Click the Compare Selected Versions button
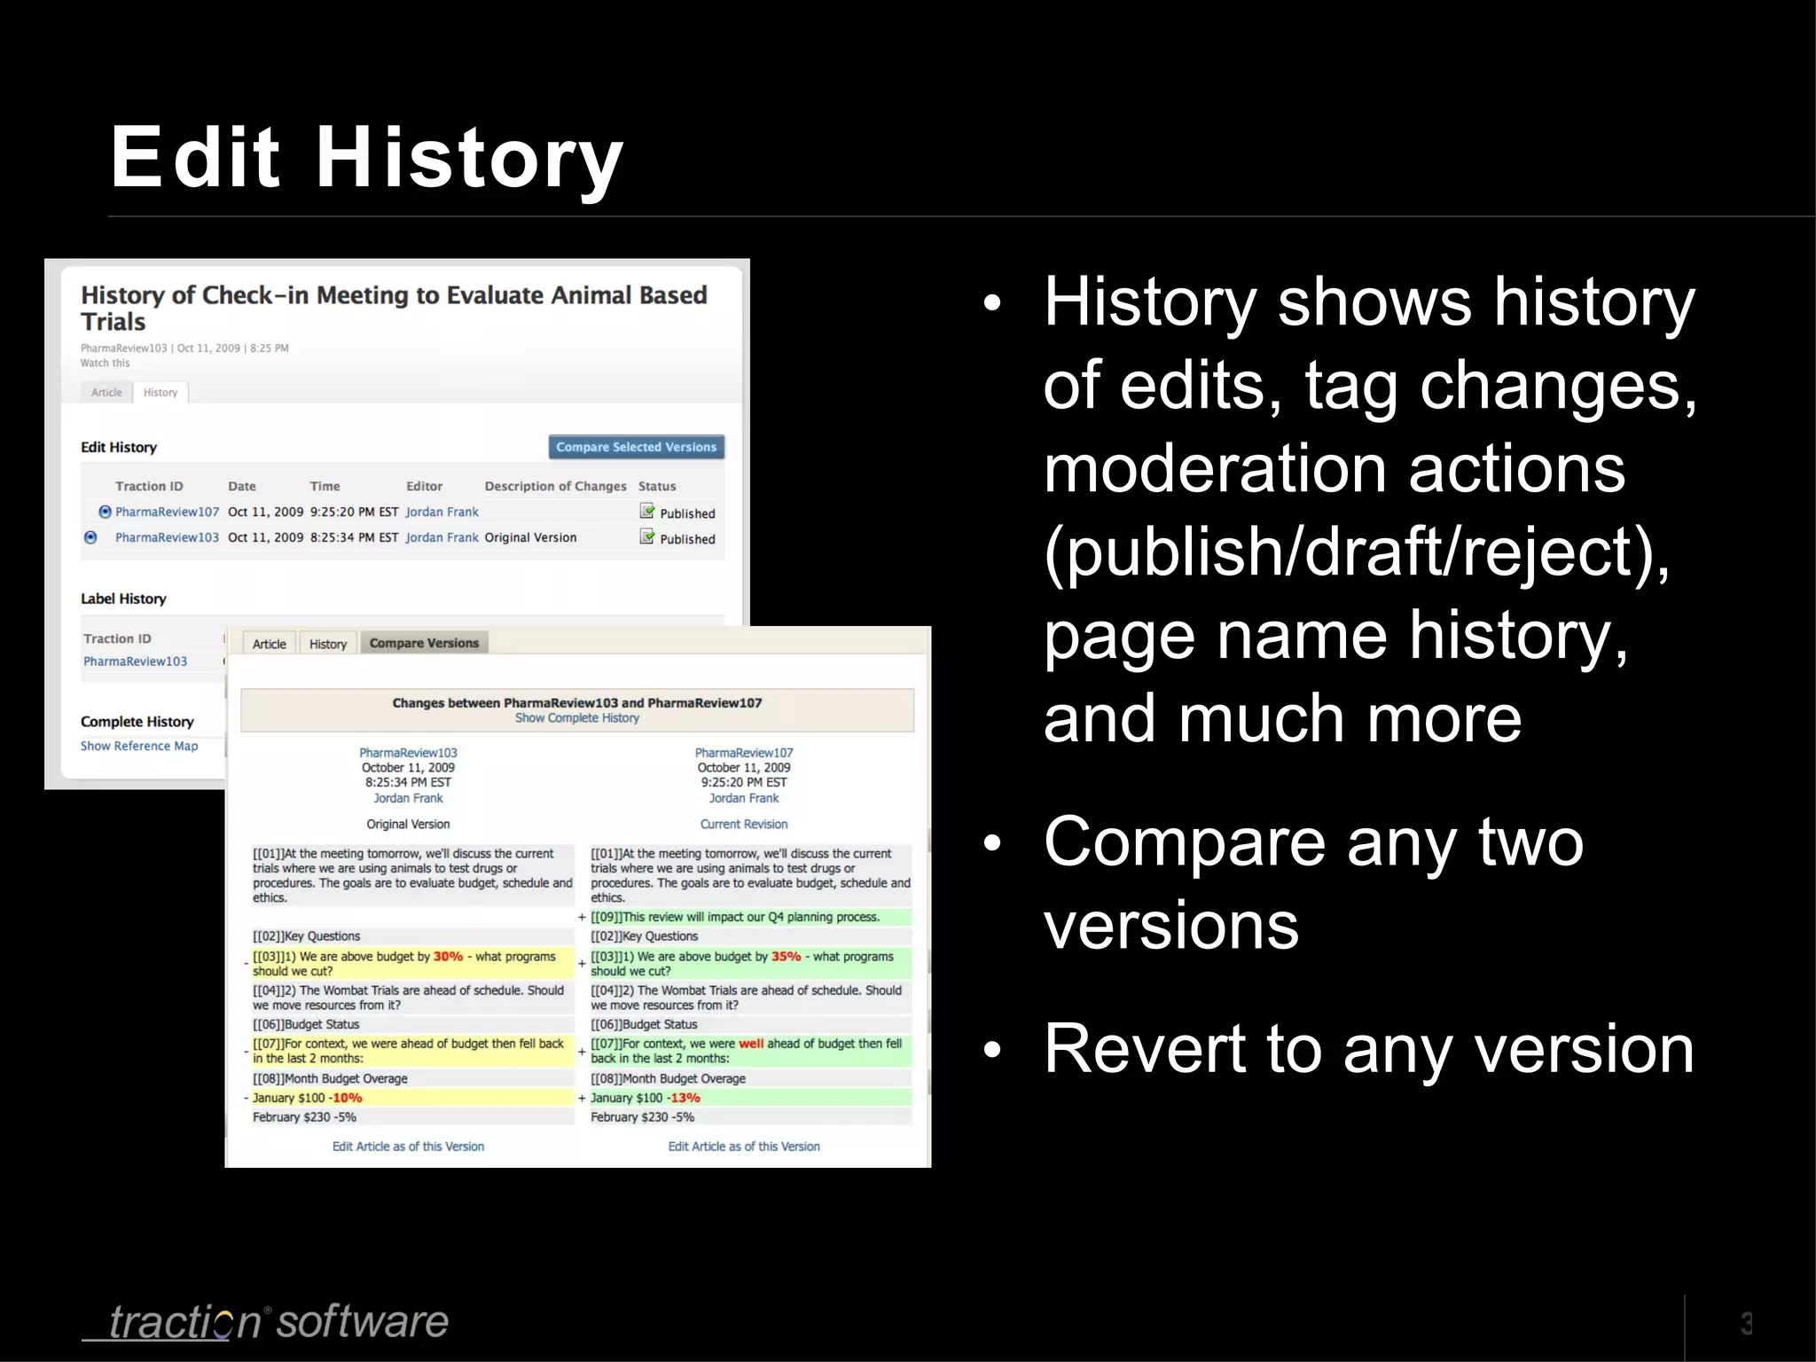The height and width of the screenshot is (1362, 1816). coord(636,447)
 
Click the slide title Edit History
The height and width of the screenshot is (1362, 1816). coord(367,159)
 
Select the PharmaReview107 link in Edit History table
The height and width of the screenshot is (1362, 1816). coord(167,512)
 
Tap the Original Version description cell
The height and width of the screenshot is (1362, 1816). coord(530,537)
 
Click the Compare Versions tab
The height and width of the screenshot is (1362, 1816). coord(424,643)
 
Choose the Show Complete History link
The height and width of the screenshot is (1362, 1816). coord(576,718)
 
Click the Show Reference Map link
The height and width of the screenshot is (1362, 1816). coord(139,746)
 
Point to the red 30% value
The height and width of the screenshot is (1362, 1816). coord(448,957)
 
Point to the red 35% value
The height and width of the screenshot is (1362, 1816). coord(786,957)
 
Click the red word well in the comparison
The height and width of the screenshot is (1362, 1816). coord(751,1044)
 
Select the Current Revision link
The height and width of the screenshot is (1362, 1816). coord(743,824)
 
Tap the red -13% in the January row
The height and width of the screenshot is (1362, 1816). coord(684,1098)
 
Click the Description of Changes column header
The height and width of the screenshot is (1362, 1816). coord(555,486)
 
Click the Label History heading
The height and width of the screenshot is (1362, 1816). coord(123,599)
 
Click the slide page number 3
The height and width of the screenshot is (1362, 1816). coord(1746,1323)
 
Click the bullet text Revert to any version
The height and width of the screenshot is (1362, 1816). coord(1368,1049)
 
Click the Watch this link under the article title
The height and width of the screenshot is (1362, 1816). coord(105,363)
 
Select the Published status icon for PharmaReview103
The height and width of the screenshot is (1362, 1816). coord(648,537)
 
